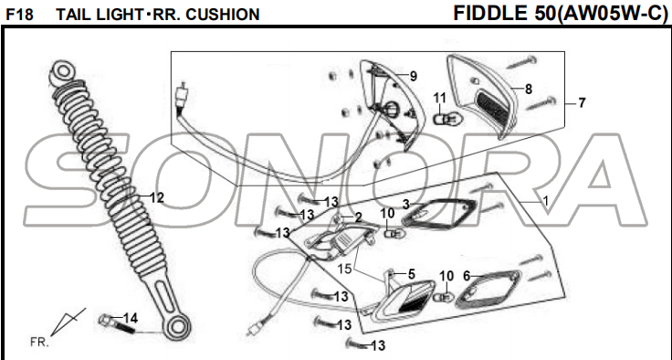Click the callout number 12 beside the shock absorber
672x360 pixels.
(x=157, y=197)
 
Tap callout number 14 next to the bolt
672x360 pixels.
(x=131, y=318)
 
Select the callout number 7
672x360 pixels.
(x=582, y=103)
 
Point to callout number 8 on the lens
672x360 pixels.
(x=529, y=90)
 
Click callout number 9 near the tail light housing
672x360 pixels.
(x=413, y=77)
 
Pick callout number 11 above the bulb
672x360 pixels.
(x=440, y=99)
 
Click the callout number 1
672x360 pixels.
(x=546, y=200)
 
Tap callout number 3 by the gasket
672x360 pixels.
(x=406, y=205)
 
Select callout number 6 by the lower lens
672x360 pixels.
(x=467, y=276)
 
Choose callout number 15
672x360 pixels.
(x=345, y=269)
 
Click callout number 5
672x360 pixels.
(x=412, y=274)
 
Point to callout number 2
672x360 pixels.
(x=358, y=217)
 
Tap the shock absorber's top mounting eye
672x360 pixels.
(x=61, y=70)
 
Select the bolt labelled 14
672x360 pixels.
(x=116, y=324)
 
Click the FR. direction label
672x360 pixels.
(x=39, y=342)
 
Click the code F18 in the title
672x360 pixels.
(x=19, y=15)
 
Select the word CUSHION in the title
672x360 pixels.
(x=223, y=15)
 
